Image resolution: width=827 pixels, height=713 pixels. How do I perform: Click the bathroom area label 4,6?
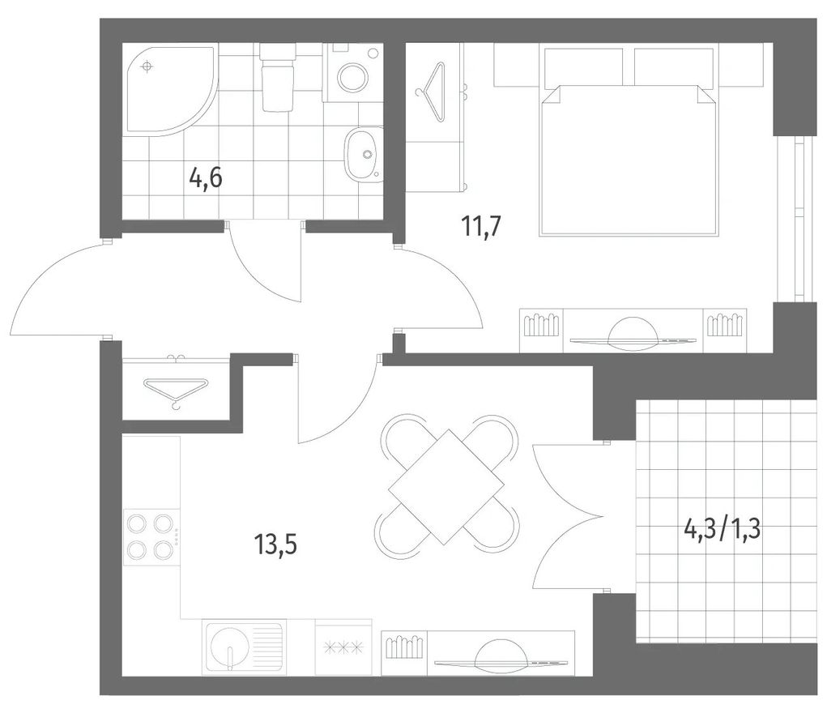coord(206,178)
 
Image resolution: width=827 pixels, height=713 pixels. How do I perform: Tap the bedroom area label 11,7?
coord(480,228)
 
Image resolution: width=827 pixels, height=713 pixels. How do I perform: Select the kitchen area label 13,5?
coord(275,544)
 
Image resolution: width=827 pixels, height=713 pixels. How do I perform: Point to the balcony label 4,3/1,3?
coord(722,529)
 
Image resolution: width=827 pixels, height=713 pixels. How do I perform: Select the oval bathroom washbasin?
coord(364,154)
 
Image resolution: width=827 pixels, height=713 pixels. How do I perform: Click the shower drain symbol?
coord(147,66)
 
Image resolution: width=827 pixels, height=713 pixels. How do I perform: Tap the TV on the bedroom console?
coord(633,332)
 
